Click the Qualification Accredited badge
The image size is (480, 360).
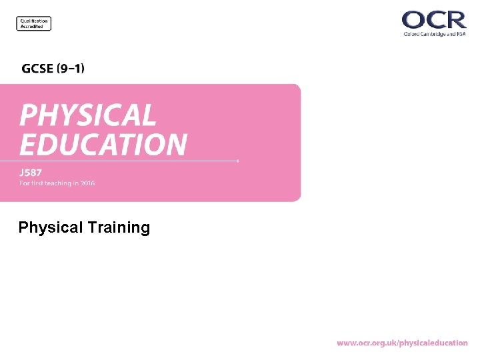coord(33,23)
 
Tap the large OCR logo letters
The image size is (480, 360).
coord(434,19)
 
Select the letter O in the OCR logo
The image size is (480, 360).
coord(413,19)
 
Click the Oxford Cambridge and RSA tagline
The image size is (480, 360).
coord(434,34)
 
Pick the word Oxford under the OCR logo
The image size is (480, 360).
coord(411,34)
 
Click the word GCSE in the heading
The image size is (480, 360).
coord(37,68)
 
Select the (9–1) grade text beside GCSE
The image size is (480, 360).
coord(70,68)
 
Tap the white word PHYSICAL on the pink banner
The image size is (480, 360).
coord(87,115)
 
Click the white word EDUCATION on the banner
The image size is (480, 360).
coord(103,144)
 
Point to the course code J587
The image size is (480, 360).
coord(31,173)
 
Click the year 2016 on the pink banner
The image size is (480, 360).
coord(87,183)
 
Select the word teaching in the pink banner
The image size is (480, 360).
coord(59,183)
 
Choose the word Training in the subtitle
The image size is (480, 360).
coord(118,228)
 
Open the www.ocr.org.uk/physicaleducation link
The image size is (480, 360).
coord(402,343)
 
